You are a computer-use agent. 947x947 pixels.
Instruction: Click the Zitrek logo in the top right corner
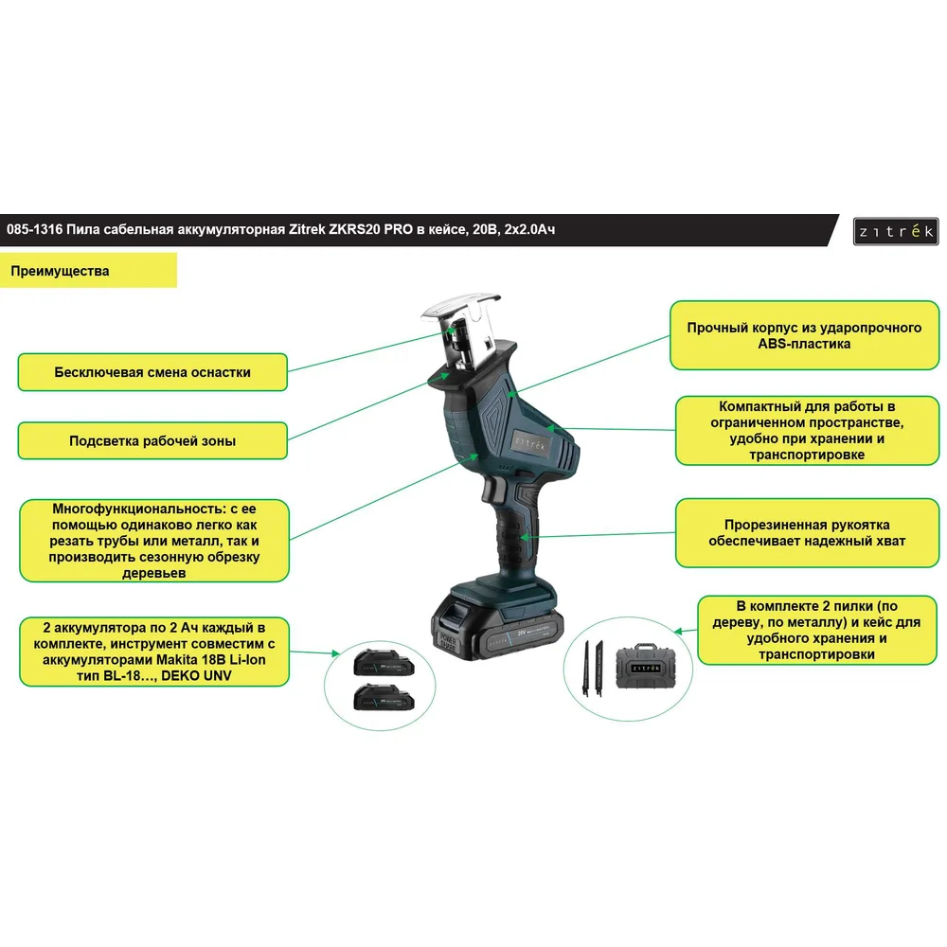[x=896, y=231]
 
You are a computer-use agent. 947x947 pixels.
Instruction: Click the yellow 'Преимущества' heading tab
[x=88, y=271]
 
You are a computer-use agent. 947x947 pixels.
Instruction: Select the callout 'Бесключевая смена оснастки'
[x=152, y=372]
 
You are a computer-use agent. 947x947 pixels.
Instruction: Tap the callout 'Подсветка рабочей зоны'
[x=152, y=441]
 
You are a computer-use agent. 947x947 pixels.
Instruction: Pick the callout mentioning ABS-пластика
[x=804, y=335]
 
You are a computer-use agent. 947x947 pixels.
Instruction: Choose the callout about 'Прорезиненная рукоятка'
[x=807, y=532]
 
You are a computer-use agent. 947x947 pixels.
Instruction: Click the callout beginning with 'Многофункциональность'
[x=154, y=541]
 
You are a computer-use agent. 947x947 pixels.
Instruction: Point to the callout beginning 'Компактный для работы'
[x=807, y=431]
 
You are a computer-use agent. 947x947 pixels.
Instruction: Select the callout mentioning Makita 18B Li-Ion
[x=154, y=652]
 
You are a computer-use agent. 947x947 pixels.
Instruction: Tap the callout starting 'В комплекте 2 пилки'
[x=817, y=630]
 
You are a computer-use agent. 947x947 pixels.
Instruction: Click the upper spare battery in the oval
[x=384, y=663]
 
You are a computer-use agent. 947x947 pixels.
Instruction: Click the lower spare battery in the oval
[x=384, y=698]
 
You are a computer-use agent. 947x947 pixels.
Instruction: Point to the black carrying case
[x=646, y=666]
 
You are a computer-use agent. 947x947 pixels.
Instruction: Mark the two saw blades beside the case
[x=593, y=668]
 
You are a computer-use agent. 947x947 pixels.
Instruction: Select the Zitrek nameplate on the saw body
[x=530, y=445]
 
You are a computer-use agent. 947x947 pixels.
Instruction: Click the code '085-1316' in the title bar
[x=34, y=229]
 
